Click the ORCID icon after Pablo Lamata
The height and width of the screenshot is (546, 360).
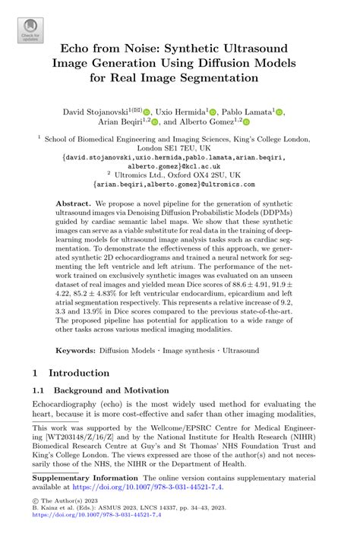pyautogui.click(x=280, y=112)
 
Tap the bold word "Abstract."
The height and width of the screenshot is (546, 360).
pyautogui.click(x=74, y=205)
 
